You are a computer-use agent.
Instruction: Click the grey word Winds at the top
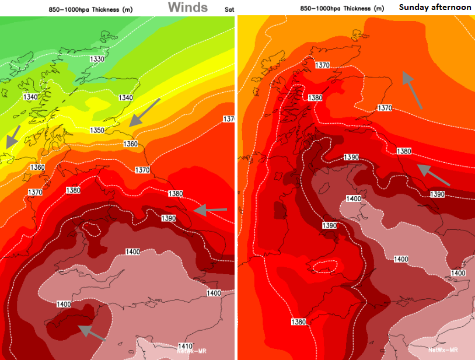point(188,7)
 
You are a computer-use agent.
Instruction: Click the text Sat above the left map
point(229,9)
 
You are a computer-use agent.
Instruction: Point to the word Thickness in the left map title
point(101,9)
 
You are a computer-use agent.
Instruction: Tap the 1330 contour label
point(97,59)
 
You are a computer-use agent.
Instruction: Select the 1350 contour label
point(97,130)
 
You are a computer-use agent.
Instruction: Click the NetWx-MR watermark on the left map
point(192,351)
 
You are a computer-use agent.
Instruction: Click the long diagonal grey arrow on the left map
point(144,113)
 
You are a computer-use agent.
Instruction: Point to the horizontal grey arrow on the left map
point(209,210)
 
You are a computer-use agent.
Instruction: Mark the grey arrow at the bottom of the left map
point(92,332)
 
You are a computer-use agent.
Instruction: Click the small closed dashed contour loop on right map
point(325,267)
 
